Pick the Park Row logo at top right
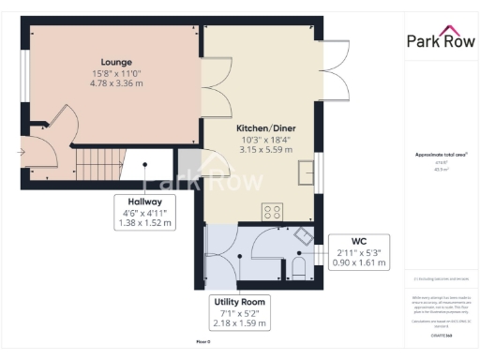[x=439, y=38]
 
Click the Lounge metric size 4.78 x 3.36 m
[x=116, y=84]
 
